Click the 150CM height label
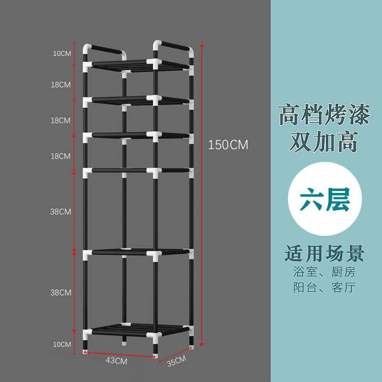pyautogui.click(x=228, y=145)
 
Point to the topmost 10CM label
pyautogui.click(x=62, y=53)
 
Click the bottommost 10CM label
pyautogui.click(x=62, y=344)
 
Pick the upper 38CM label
pyautogui.click(x=62, y=212)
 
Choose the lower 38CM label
pyautogui.click(x=62, y=292)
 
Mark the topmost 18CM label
pyautogui.click(x=61, y=85)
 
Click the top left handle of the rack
pyautogui.click(x=105, y=50)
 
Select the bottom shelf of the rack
pyautogui.click(x=138, y=329)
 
